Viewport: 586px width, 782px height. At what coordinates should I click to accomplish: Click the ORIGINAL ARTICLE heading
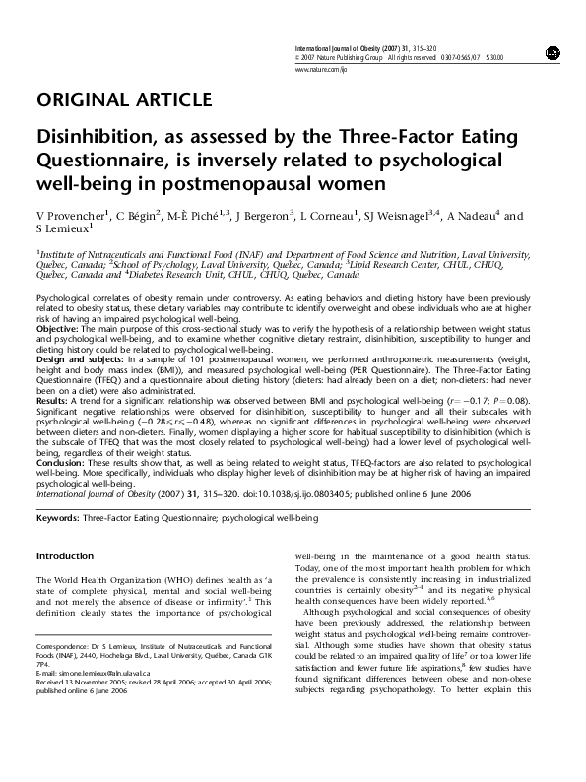[x=123, y=100]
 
